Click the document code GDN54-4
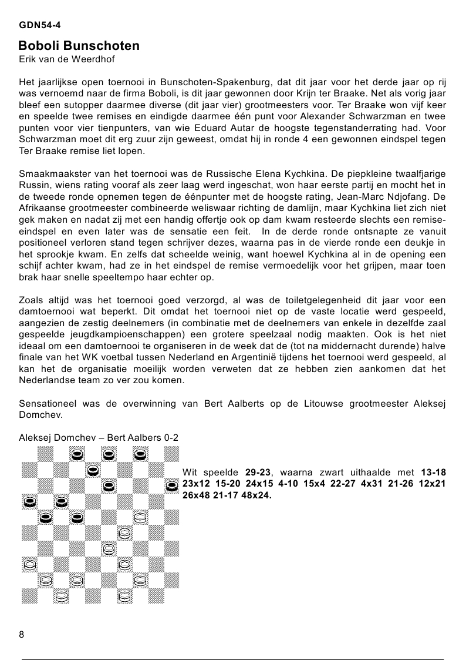coord(40,25)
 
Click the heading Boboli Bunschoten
coord(79,46)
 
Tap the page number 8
coord(22,634)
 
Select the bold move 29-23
coord(257,472)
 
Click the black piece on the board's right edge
coord(171,485)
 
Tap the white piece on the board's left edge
coord(28,565)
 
